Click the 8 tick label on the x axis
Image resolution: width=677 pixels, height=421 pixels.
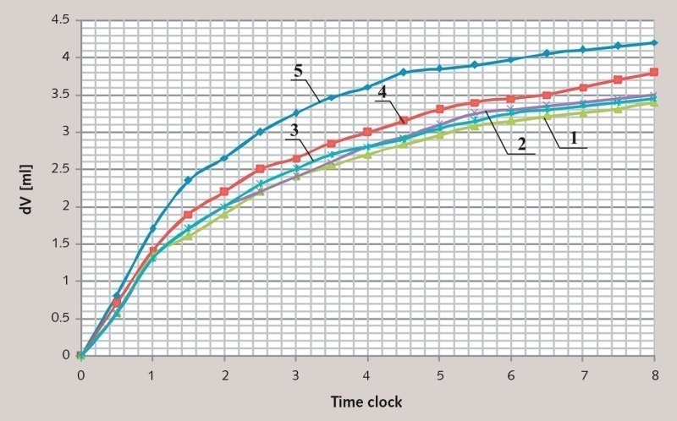[653, 374]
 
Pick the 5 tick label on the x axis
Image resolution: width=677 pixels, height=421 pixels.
[439, 374]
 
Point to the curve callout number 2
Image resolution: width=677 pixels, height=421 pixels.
[522, 145]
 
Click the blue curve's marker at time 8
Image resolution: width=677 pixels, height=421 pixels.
[653, 42]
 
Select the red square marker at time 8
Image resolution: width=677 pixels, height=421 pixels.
[653, 72]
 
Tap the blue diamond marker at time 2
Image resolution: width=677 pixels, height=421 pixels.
[224, 158]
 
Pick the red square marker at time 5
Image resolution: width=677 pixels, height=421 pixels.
[439, 109]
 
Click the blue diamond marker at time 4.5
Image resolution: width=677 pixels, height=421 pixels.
[404, 72]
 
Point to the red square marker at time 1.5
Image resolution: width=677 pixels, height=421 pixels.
[189, 214]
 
